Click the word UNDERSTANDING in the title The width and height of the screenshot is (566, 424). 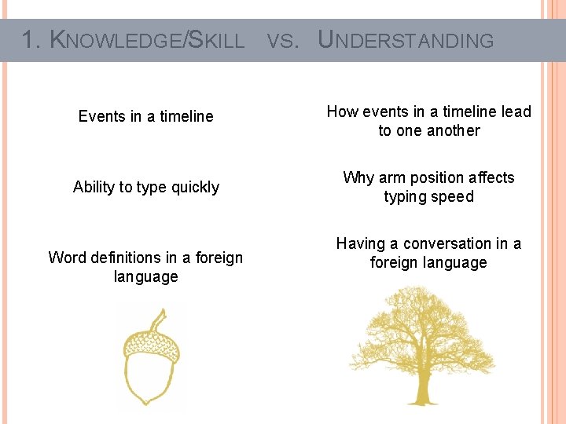[x=406, y=40]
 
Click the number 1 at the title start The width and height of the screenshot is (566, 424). [x=29, y=40]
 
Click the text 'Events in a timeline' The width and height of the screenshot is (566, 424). [x=145, y=116]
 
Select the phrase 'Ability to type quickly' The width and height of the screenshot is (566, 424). [x=145, y=187]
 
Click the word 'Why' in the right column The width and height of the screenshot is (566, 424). [x=358, y=177]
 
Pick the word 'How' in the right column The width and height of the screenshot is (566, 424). [x=342, y=111]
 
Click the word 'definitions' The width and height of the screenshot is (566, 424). [x=126, y=258]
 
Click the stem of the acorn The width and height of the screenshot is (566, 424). [x=160, y=320]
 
